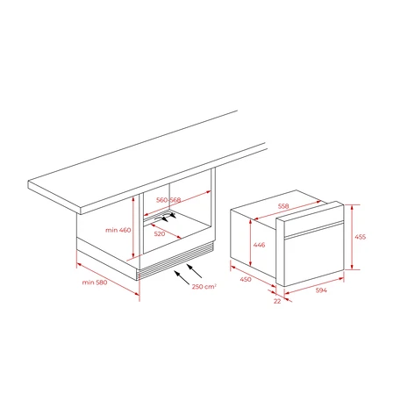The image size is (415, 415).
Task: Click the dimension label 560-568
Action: click(x=168, y=200)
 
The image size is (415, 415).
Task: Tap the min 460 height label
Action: click(x=118, y=230)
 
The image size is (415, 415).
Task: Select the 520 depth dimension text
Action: click(x=160, y=233)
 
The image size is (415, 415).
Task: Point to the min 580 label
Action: click(x=95, y=283)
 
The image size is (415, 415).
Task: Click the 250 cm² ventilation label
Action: click(x=204, y=286)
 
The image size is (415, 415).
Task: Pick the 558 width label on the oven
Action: click(x=283, y=206)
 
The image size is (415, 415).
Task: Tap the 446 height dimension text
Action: click(x=259, y=245)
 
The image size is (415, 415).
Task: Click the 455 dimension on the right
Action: click(x=361, y=237)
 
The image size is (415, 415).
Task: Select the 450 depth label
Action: click(x=246, y=279)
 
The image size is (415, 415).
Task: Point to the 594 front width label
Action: click(x=321, y=290)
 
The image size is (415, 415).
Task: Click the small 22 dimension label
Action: click(x=277, y=301)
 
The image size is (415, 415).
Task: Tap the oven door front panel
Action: click(x=314, y=255)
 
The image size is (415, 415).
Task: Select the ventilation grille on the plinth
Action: click(x=175, y=261)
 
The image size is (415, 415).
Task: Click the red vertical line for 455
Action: click(x=352, y=237)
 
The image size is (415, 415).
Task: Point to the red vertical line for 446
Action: click(x=251, y=243)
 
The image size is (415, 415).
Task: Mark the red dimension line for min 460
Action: click(x=133, y=227)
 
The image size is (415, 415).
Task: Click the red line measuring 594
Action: click(x=314, y=285)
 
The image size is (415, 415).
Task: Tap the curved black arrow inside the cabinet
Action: click(x=164, y=218)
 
